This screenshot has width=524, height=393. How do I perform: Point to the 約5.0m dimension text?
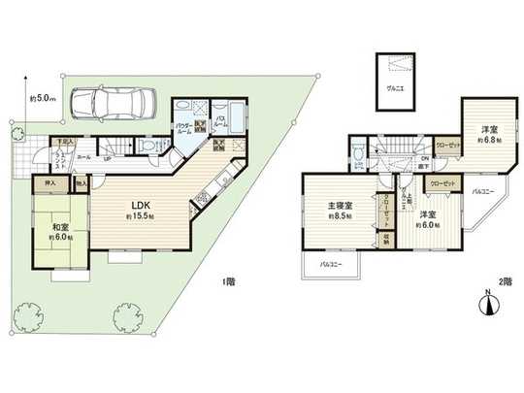coord(44,97)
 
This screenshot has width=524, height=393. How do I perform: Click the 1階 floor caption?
coord(227,281)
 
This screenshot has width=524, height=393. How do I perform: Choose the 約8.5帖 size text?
coord(338,218)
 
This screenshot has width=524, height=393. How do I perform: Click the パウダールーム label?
coord(183,127)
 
